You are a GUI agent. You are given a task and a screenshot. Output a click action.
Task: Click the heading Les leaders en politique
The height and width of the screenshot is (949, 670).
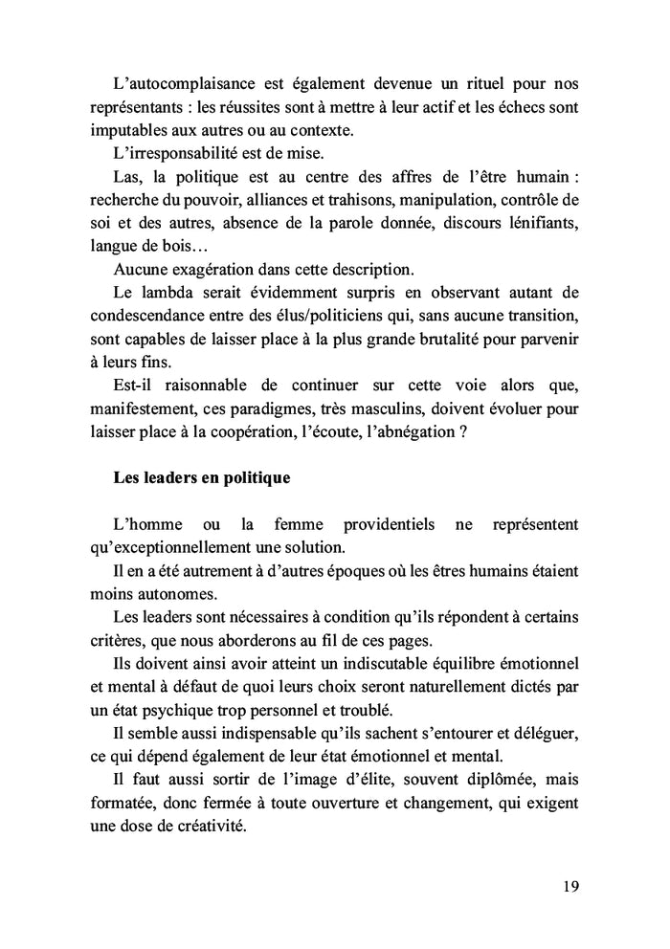pyautogui.click(x=201, y=476)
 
